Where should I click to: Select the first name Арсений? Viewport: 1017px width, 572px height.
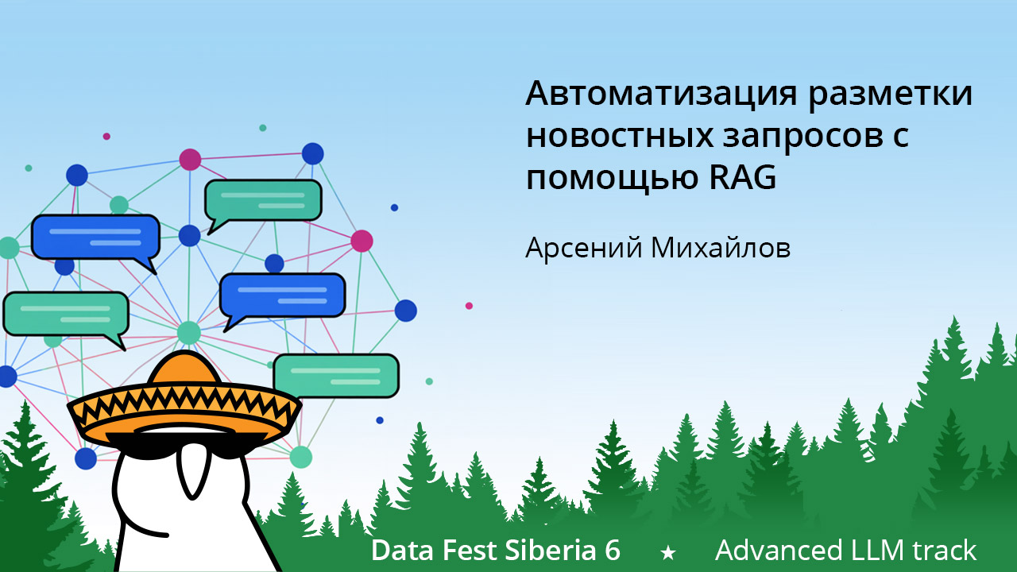tap(583, 248)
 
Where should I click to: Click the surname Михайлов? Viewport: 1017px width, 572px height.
tap(721, 248)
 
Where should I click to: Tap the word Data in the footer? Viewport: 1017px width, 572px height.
tap(399, 550)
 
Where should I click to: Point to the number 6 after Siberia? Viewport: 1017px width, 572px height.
tap(612, 550)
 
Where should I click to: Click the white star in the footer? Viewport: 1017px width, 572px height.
tap(668, 551)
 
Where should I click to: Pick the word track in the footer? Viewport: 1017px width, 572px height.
tap(947, 550)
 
